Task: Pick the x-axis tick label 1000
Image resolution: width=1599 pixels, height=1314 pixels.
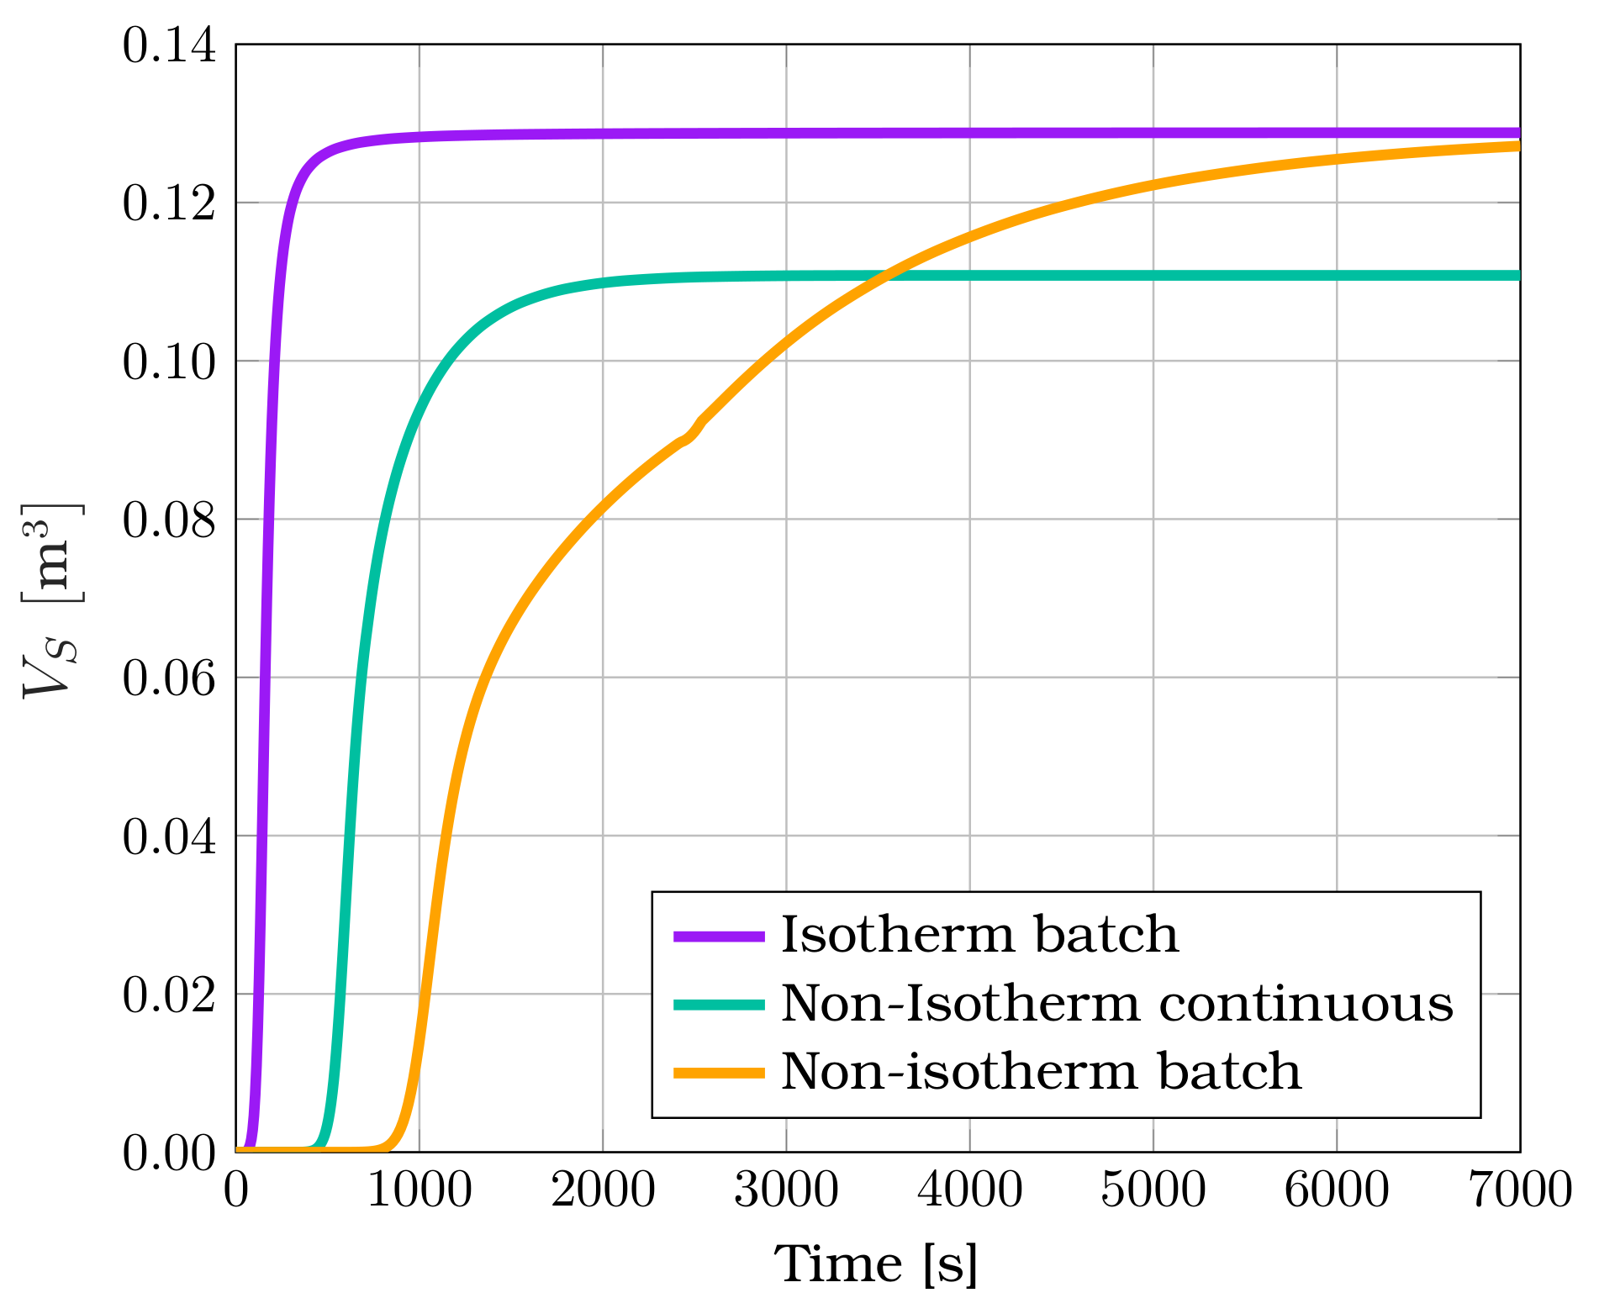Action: click(420, 1190)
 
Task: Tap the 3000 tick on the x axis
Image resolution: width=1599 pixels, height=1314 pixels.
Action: click(786, 1190)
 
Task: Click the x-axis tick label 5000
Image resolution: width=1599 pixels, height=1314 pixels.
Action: click(1153, 1190)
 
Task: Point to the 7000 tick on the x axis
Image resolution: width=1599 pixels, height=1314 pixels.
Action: click(1519, 1190)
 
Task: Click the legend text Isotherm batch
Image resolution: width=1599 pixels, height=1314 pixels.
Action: click(979, 934)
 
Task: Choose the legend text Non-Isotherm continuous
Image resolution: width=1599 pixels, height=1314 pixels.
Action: click(1117, 1003)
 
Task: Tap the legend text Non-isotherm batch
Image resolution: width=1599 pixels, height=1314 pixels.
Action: click(1041, 1072)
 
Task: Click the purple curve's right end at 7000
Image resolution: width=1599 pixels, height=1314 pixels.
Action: click(1517, 133)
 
